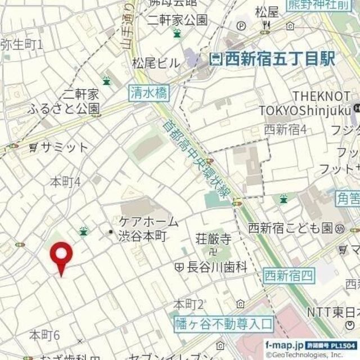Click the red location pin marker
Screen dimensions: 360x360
(62, 256)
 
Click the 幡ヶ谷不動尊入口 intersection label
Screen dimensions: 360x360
(223, 324)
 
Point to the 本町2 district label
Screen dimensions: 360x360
(188, 304)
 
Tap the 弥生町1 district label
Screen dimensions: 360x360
(21, 43)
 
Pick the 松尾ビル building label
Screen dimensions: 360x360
(156, 62)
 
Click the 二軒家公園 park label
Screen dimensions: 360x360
(177, 20)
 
